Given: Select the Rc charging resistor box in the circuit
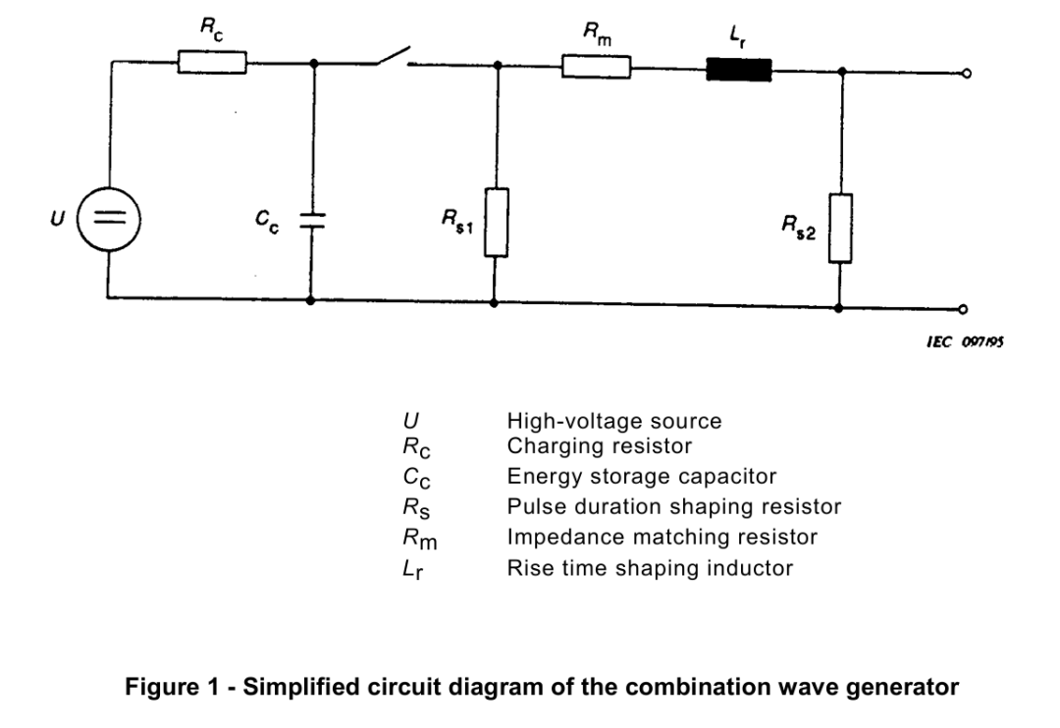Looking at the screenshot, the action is click(x=212, y=62).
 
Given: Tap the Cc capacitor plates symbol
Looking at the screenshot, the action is click(x=312, y=220).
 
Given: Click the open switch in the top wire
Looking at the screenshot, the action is click(x=392, y=57).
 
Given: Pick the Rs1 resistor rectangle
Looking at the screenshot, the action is click(x=497, y=223).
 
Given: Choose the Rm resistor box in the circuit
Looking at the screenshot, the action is click(x=597, y=67).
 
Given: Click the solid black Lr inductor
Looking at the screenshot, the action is click(x=739, y=70).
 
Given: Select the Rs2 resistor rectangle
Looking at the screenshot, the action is click(x=840, y=228).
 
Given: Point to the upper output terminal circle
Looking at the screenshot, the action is click(x=967, y=73).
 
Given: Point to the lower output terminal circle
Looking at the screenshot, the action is click(x=964, y=310).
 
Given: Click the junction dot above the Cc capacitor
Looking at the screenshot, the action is click(x=314, y=63).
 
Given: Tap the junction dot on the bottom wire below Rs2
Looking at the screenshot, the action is click(x=839, y=308).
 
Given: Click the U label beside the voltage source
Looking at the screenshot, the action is click(x=58, y=219).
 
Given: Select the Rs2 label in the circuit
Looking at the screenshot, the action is click(x=798, y=227).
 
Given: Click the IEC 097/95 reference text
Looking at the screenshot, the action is click(x=965, y=342).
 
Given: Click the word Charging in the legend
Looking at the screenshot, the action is click(x=552, y=446).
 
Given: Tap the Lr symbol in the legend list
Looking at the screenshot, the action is click(x=413, y=570).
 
